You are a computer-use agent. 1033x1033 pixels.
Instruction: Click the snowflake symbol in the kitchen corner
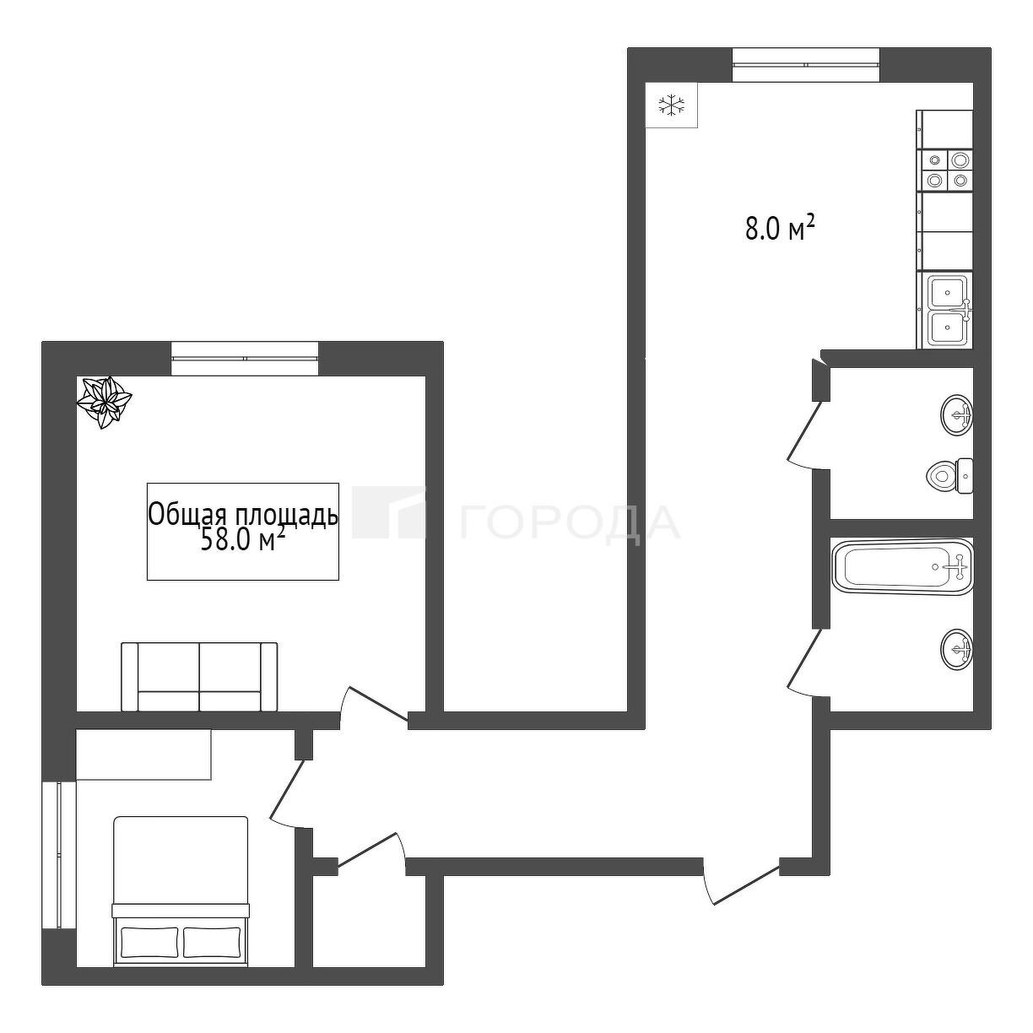pos(671,105)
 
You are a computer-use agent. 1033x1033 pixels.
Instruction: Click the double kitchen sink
pos(946,311)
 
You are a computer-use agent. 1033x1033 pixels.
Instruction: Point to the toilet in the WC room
pos(951,475)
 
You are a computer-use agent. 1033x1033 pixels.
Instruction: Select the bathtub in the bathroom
pos(903,567)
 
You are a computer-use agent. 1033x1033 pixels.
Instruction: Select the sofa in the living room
pos(199,677)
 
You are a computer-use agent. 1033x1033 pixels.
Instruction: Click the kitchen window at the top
pos(806,65)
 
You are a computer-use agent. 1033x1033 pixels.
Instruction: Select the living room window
pos(245,358)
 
